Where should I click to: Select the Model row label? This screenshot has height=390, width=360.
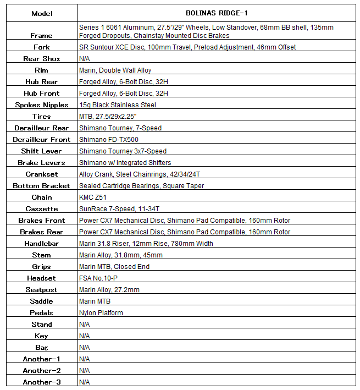click(x=42, y=13)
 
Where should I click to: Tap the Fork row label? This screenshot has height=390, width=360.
click(x=42, y=47)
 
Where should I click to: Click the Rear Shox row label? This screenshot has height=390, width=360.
click(x=42, y=59)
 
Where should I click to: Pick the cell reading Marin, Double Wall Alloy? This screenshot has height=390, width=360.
click(x=115, y=70)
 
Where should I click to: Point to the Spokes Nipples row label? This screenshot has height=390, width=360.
click(x=42, y=105)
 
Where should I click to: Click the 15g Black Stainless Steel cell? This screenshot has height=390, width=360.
click(x=118, y=105)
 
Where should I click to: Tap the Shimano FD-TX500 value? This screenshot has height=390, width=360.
click(x=109, y=140)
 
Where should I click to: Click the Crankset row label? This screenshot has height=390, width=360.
click(x=42, y=174)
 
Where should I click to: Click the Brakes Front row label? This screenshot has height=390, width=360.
click(x=42, y=221)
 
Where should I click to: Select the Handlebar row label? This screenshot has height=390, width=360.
click(x=42, y=244)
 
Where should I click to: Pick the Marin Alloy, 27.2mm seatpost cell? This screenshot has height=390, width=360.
click(x=109, y=290)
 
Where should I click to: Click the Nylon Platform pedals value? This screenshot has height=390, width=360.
click(x=101, y=313)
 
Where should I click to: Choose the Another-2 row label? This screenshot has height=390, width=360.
click(x=42, y=371)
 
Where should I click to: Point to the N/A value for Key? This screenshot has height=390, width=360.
click(x=85, y=336)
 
